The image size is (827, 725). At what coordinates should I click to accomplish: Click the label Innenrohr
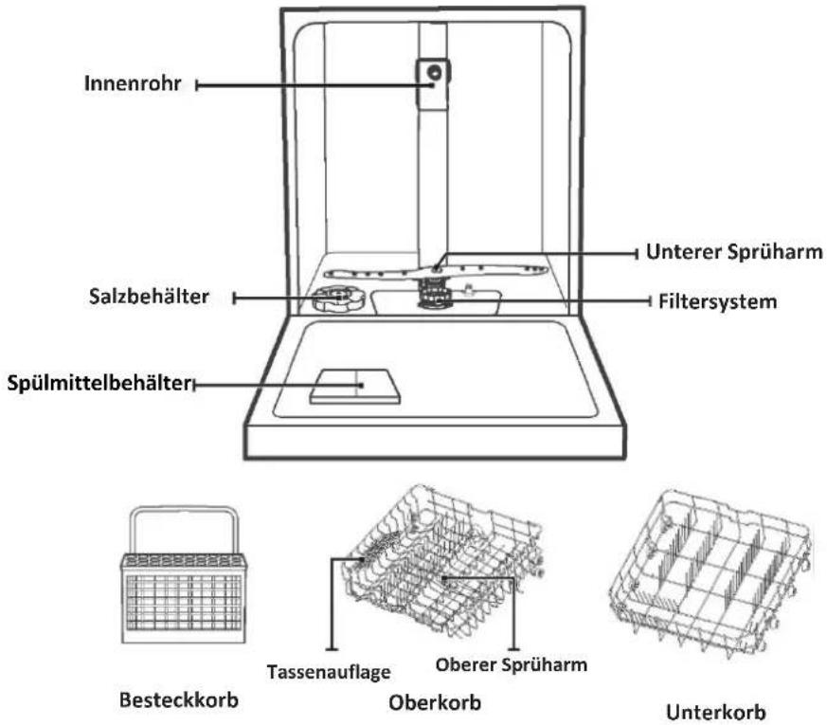tap(133, 83)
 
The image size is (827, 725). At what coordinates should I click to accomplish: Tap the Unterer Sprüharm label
tap(734, 252)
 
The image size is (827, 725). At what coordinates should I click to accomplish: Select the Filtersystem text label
tap(718, 301)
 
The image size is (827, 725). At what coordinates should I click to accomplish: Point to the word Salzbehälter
tap(149, 297)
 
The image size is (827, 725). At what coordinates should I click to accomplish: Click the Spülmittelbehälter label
tap(99, 384)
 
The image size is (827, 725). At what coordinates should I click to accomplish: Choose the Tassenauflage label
tap(329, 672)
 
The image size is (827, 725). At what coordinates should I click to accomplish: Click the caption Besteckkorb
tap(179, 700)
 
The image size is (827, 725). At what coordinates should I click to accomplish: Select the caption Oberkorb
tap(435, 703)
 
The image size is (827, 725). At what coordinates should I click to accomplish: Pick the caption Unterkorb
tap(716, 713)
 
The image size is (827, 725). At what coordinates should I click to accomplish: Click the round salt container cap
tap(338, 299)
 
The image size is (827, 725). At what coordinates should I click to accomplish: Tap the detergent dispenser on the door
tap(354, 387)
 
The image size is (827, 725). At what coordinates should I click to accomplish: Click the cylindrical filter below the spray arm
tap(435, 295)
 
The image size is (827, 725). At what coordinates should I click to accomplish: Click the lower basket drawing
tap(710, 572)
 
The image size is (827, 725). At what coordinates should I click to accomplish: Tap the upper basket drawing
tap(442, 562)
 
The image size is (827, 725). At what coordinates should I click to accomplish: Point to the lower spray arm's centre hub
tap(436, 270)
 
